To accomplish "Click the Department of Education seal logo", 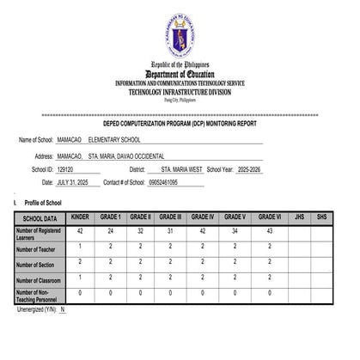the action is click(180, 35).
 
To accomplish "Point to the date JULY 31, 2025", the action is click(76, 183).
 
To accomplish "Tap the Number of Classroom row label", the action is click(38, 280).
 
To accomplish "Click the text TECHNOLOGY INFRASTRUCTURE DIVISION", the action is click(180, 90).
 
